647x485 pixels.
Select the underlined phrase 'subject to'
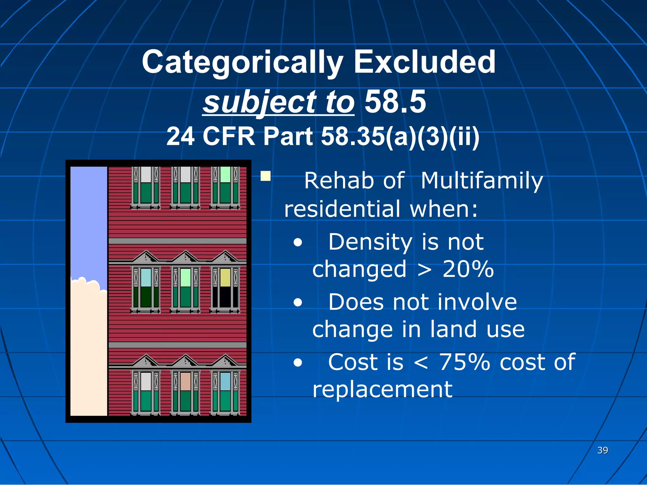point(278,102)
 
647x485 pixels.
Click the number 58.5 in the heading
point(395,102)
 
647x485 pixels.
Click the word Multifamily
point(481,181)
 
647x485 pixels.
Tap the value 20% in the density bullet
point(468,269)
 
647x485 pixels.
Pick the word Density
point(370,242)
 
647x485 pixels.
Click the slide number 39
point(602,450)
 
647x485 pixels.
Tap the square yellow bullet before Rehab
point(265,176)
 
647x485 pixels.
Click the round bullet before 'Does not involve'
point(297,303)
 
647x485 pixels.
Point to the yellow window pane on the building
point(225,277)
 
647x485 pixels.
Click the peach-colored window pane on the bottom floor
point(185,381)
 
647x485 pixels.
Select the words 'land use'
point(477,330)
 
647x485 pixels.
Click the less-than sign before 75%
point(421,362)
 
